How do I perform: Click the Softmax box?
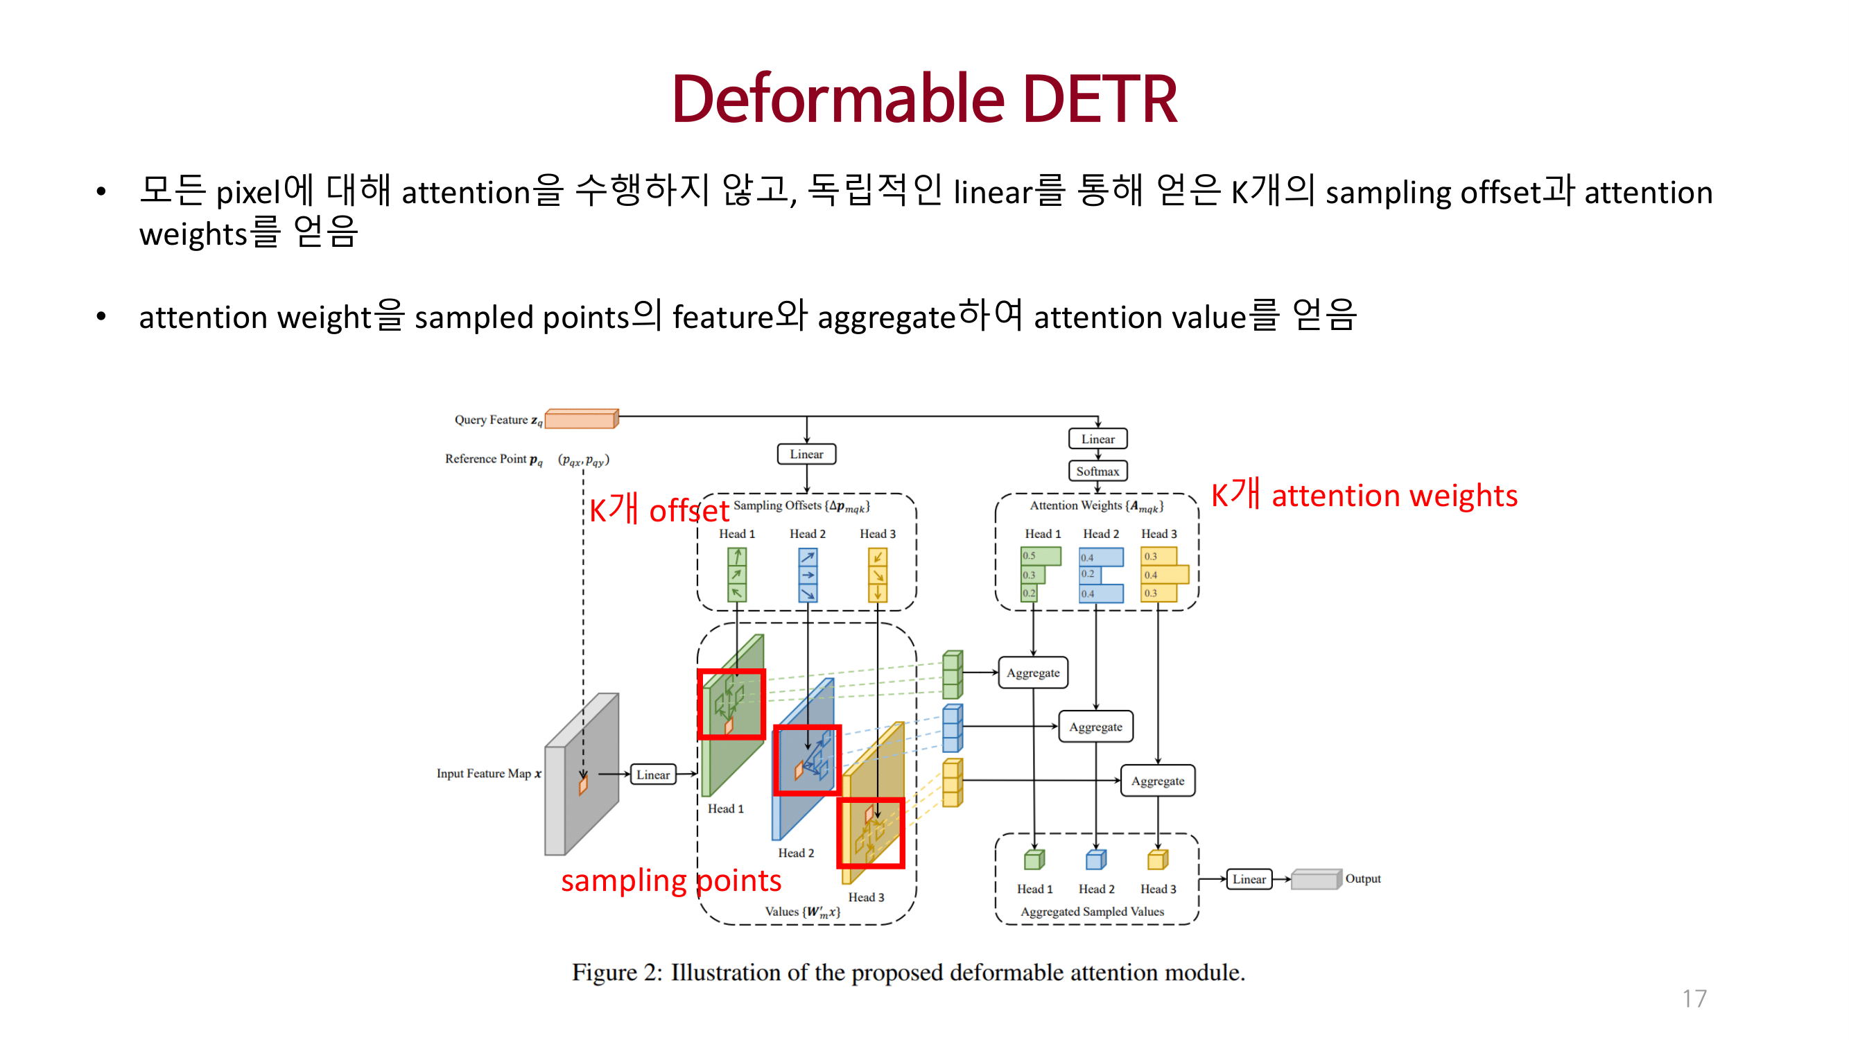coord(1097,471)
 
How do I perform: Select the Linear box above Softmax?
coord(1097,439)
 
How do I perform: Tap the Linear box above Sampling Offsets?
coord(806,454)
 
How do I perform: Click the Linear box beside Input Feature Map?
coord(652,774)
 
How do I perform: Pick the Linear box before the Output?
coord(1248,879)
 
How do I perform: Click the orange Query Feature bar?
coord(581,419)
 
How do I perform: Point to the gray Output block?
coord(1315,879)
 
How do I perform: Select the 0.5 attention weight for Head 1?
coord(1040,556)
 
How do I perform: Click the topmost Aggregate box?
coord(1032,673)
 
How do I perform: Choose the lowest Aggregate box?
coord(1157,781)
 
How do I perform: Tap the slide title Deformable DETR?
coord(923,99)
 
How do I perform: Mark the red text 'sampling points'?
coord(670,881)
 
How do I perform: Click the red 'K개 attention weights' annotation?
coord(1364,495)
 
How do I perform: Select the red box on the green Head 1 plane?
coord(731,704)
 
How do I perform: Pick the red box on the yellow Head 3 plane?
coord(871,833)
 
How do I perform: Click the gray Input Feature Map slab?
coord(582,775)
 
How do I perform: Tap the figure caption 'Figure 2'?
coord(908,973)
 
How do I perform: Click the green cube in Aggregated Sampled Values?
coord(1034,860)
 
